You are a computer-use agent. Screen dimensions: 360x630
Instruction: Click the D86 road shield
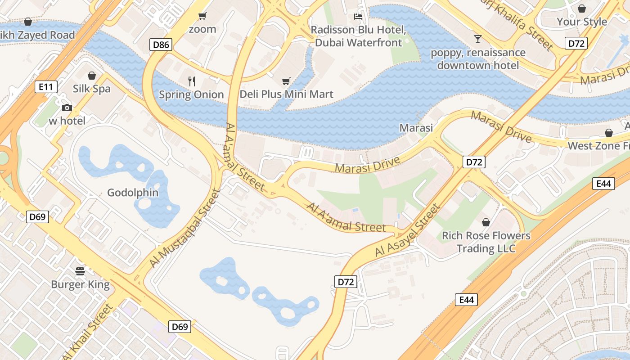(161, 45)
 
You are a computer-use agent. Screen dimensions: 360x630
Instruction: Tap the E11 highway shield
(46, 87)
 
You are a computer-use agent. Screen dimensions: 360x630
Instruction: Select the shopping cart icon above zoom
(202, 16)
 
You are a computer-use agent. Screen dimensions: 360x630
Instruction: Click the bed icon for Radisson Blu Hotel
(358, 17)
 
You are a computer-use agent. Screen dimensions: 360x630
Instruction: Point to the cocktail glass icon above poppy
(477, 39)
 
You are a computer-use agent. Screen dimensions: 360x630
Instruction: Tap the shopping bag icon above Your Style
(582, 9)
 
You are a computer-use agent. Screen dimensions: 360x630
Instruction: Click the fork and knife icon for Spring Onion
(192, 81)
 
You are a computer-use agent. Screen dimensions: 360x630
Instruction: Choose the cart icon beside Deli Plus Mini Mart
(286, 81)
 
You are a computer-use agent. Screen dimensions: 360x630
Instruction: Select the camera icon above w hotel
(67, 108)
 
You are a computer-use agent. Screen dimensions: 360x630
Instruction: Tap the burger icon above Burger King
(80, 271)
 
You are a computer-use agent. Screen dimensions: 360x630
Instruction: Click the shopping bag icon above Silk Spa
(92, 75)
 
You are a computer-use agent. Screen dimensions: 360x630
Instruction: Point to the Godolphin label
(133, 193)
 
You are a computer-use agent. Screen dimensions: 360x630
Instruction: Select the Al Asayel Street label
(407, 231)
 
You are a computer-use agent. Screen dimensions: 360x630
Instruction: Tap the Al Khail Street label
(88, 332)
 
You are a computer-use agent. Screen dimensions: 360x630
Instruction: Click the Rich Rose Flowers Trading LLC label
(486, 242)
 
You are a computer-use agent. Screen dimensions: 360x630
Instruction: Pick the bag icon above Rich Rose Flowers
(486, 222)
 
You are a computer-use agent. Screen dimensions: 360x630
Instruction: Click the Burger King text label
(80, 284)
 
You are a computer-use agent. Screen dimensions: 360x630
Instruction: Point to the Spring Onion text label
(191, 94)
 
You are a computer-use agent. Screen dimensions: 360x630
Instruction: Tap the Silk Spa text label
(92, 89)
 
